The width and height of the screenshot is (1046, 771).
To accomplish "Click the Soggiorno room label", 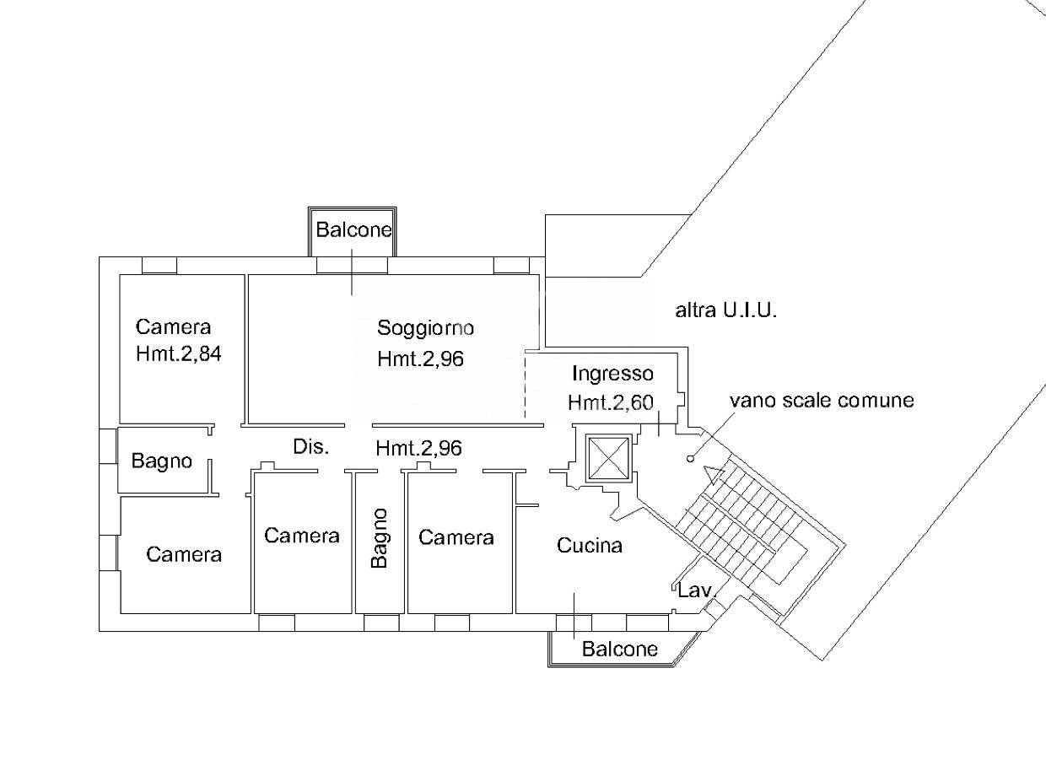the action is [425, 328].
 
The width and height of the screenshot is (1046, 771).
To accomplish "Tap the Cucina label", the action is [590, 546].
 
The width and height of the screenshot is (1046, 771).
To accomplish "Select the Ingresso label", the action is [612, 374].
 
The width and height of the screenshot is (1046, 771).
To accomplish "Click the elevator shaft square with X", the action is [608, 459].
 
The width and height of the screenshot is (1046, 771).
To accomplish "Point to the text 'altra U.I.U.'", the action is [725, 310].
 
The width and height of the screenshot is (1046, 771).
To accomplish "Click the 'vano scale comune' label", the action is [822, 400].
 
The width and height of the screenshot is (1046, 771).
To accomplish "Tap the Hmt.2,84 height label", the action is [178, 353].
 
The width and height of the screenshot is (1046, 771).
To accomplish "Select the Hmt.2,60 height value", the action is [611, 402].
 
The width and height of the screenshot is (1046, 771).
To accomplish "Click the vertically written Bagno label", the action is [380, 538].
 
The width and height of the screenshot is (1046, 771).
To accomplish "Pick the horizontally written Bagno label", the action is [162, 461].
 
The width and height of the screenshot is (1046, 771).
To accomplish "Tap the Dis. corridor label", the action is [311, 447].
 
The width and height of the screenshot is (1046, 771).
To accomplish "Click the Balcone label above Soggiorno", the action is [353, 229].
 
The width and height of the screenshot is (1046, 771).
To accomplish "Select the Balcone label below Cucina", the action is [620, 649].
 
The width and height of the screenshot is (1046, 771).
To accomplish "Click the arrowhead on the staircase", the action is [714, 475].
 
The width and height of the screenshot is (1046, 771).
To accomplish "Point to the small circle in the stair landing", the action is [691, 459].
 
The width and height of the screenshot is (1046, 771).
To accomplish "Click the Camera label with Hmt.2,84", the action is [173, 327].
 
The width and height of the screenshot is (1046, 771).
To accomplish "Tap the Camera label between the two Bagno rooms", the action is [302, 536].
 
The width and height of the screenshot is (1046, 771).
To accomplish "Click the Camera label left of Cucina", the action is [456, 537].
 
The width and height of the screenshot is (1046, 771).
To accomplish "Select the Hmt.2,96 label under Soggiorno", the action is [420, 359].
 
